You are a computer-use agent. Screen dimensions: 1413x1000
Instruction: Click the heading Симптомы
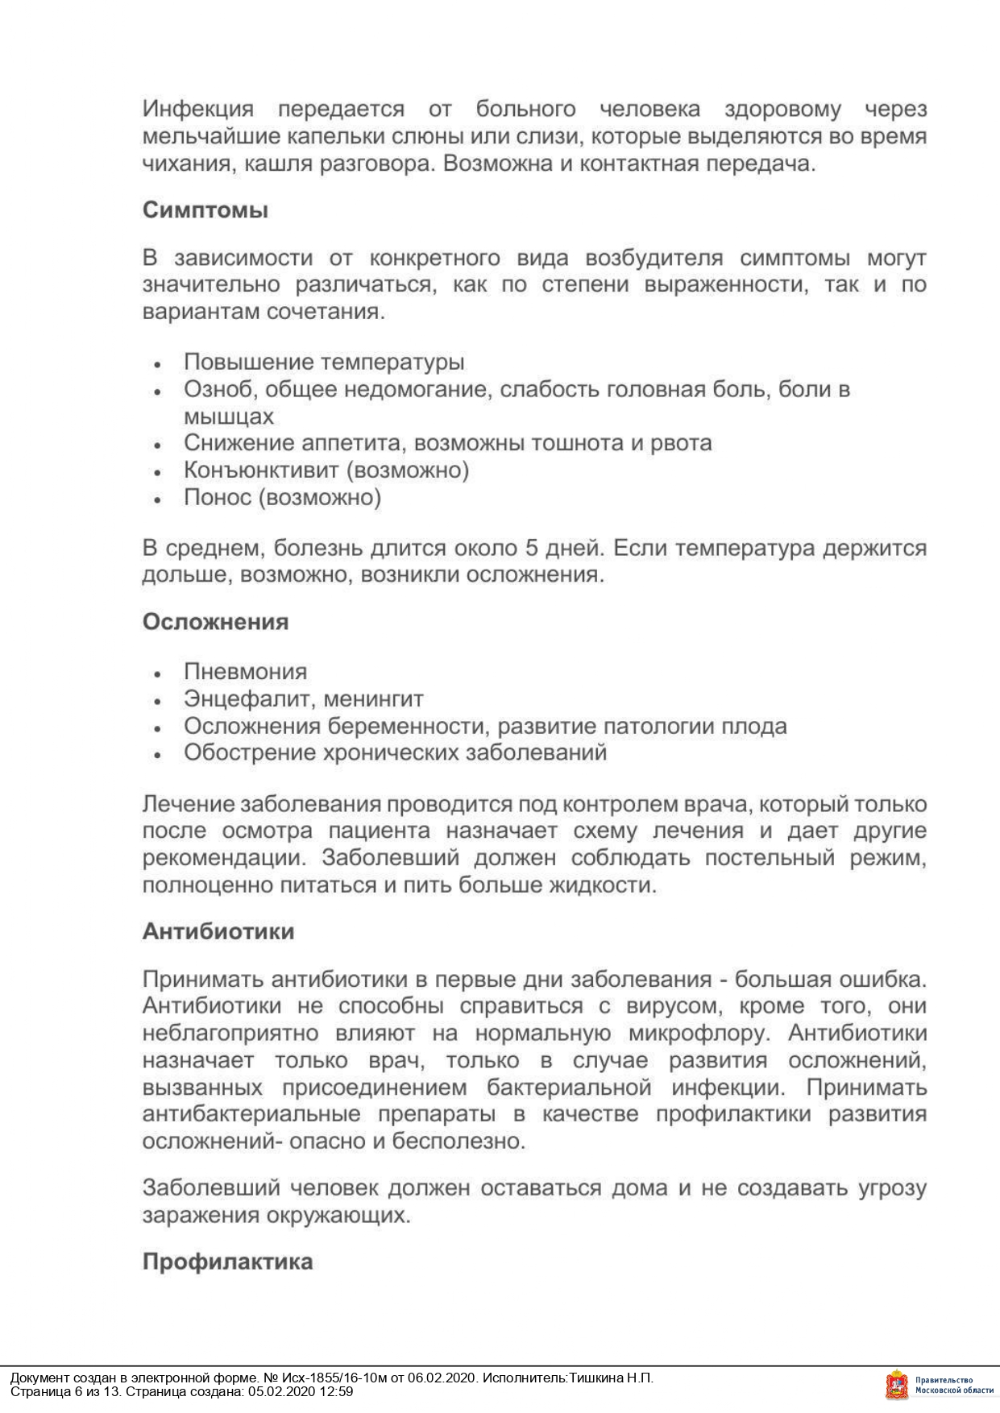click(205, 211)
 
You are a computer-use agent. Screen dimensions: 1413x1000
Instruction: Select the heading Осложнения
click(215, 622)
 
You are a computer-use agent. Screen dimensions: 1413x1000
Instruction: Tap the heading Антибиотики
click(218, 931)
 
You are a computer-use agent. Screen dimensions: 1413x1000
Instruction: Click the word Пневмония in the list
click(245, 671)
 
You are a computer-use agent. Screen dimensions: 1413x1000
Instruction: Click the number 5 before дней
click(531, 549)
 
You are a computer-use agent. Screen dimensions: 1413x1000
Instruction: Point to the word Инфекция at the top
click(198, 109)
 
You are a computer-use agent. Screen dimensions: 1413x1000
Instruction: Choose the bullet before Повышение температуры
click(158, 364)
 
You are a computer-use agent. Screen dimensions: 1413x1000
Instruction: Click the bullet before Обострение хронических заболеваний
click(158, 755)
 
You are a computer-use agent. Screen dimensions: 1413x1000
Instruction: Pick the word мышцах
click(228, 417)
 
